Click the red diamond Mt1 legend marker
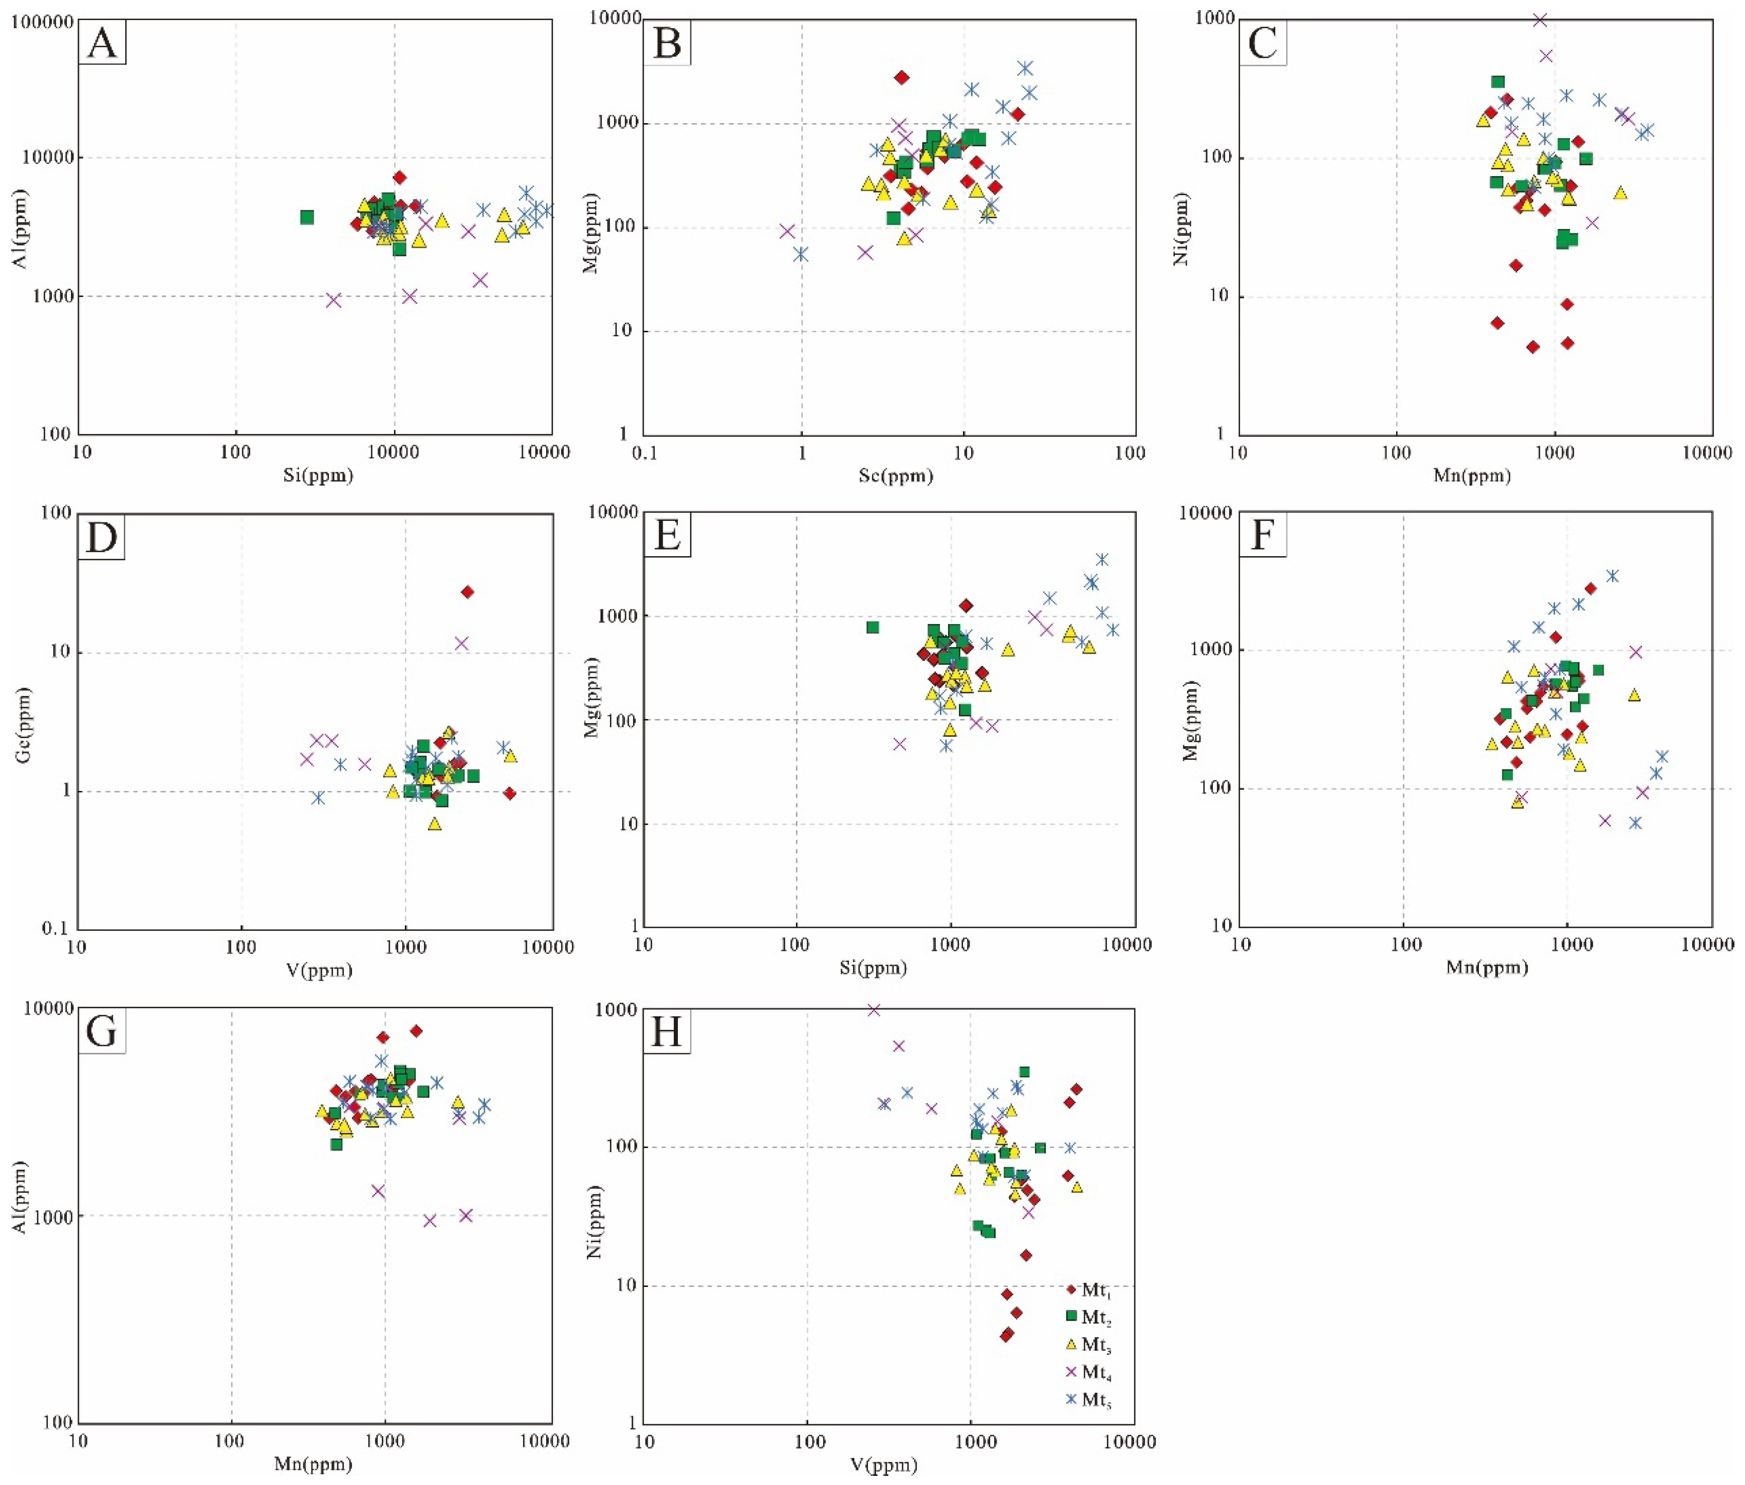[x=1072, y=1289]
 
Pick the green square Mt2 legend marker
[x=1072, y=1316]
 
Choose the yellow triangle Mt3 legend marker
[x=1072, y=1344]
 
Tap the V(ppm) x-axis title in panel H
[x=885, y=1465]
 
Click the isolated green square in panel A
[x=307, y=217]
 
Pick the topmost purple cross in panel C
[x=1540, y=20]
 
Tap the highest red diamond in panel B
[x=902, y=77]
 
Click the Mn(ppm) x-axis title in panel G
[x=313, y=1465]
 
